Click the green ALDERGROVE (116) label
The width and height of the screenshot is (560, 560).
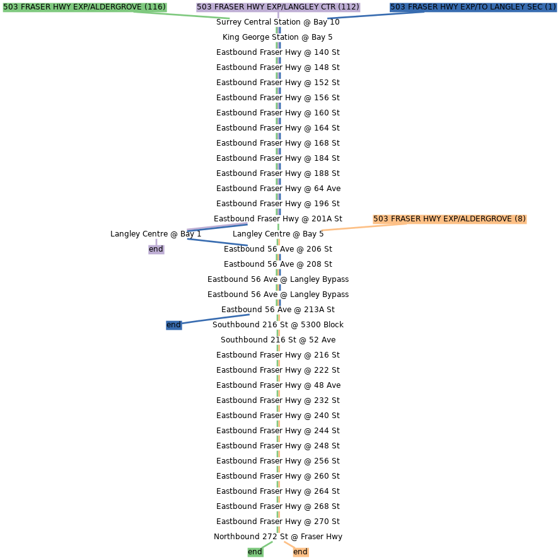click(85, 7)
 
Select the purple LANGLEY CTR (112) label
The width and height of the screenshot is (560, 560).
click(278, 7)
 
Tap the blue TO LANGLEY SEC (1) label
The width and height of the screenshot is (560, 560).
click(473, 7)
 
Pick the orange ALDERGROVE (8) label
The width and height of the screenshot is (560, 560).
click(450, 219)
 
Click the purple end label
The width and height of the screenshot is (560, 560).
click(156, 249)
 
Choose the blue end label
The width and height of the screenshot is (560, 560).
click(173, 325)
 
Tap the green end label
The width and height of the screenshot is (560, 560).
click(255, 552)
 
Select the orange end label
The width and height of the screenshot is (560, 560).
click(300, 552)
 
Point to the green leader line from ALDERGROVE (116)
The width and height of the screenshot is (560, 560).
click(189, 15)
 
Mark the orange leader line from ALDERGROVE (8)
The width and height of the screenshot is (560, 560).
click(353, 228)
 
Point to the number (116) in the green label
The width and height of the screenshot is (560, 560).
click(155, 7)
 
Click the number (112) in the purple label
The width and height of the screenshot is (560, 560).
click(349, 7)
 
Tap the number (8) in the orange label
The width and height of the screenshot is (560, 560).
click(520, 219)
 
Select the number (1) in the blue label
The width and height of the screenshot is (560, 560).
click(550, 7)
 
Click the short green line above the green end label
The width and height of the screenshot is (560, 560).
click(267, 544)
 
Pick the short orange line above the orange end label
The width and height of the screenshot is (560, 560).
click(288, 544)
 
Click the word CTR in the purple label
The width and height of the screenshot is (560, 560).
click(328, 7)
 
